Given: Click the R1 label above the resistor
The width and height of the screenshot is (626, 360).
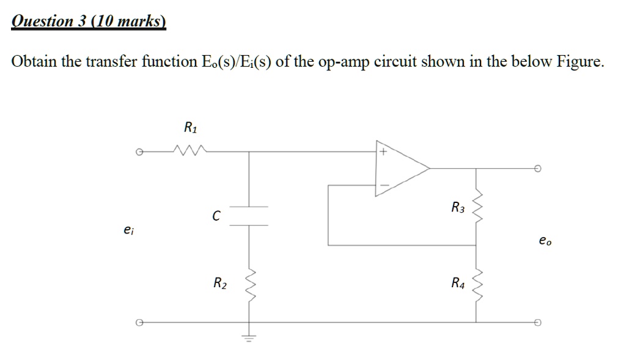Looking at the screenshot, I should (x=191, y=128).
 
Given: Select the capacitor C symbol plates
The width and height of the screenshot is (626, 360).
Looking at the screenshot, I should (x=249, y=216).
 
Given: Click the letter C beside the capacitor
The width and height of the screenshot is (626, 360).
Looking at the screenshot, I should (x=216, y=215).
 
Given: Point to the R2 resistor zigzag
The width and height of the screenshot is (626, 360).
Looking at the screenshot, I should (x=249, y=283).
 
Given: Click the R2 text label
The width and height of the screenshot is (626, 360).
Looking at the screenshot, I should (x=219, y=283).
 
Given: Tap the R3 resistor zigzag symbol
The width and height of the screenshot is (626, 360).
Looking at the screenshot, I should (x=477, y=208).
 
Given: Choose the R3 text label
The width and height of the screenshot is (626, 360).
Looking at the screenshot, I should (x=458, y=208).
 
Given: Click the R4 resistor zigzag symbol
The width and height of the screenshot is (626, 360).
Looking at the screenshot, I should (x=477, y=283).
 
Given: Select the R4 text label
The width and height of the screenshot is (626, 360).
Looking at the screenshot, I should (x=458, y=283).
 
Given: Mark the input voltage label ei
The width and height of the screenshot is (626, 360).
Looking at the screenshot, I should (x=127, y=230).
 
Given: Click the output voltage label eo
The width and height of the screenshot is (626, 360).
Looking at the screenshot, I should (x=545, y=241).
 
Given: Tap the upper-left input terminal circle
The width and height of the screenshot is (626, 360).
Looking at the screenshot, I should (x=139, y=152).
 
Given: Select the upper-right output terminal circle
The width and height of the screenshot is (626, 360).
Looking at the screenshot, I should (x=537, y=168).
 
